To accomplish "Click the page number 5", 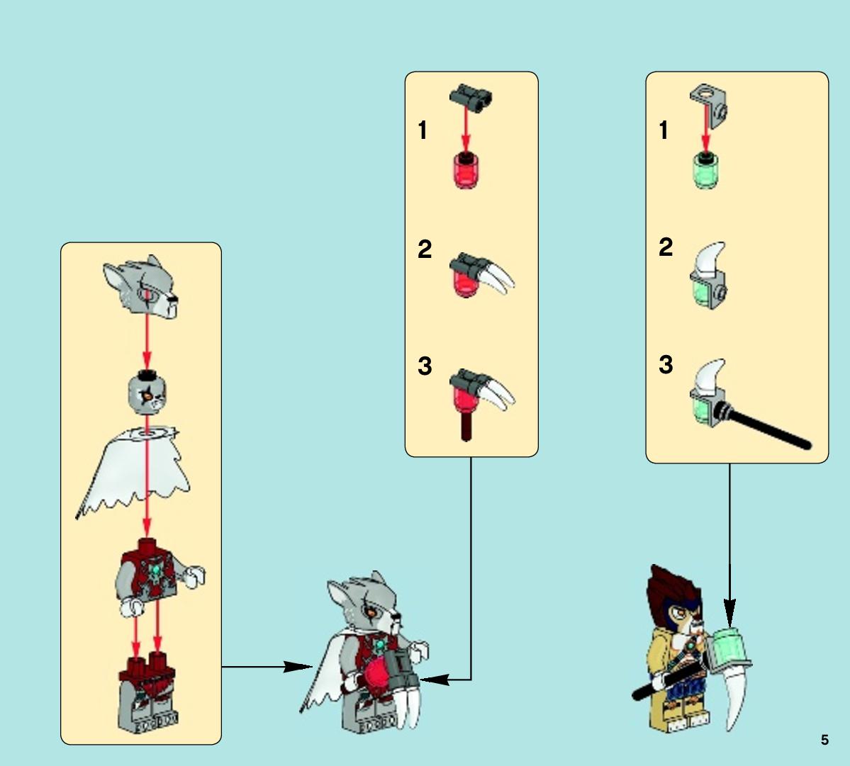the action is (x=824, y=740).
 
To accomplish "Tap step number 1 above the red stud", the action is (x=423, y=130).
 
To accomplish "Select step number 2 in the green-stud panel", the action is (x=666, y=247).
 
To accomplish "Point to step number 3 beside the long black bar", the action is (x=666, y=365).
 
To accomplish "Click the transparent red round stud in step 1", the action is (x=466, y=170).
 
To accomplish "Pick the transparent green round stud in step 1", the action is (x=706, y=171).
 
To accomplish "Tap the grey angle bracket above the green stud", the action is (x=708, y=106).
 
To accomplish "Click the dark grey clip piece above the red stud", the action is (x=471, y=98).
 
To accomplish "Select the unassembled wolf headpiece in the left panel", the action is (x=141, y=287).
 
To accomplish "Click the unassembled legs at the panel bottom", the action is (x=148, y=692).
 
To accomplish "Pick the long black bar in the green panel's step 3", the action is (x=767, y=428).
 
